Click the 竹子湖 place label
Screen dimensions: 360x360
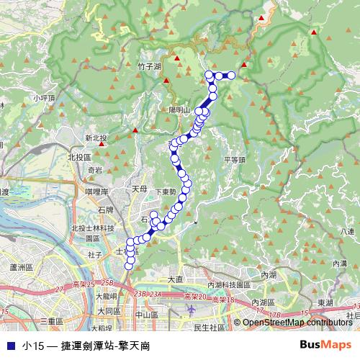[x=149, y=66]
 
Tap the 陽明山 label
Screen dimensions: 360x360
[x=180, y=110]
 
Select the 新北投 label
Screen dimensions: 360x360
[x=95, y=138]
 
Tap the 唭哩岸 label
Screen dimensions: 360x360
[x=96, y=192]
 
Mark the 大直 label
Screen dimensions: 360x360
[x=175, y=279]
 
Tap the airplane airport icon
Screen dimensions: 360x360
[x=191, y=307]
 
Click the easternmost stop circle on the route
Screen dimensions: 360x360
[x=232, y=76]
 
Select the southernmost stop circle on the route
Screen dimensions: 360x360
[x=130, y=266]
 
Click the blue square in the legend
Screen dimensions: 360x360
[x=9, y=345]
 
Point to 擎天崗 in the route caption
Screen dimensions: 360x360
[x=136, y=346]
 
